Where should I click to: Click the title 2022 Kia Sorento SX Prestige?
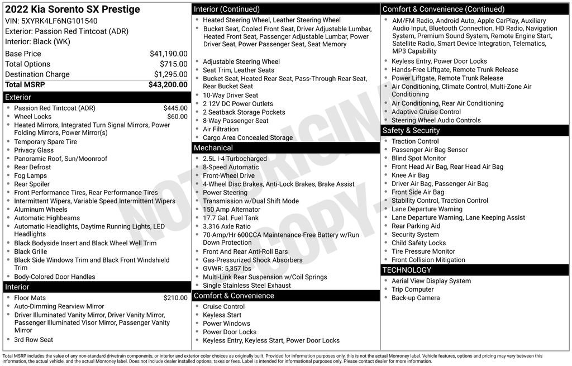coord(73,9)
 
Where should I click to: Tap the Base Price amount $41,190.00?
coord(168,54)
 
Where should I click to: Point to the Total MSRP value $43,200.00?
coord(168,85)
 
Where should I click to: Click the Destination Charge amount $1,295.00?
coord(170,74)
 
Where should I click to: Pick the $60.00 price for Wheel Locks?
coord(177,117)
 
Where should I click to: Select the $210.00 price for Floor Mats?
coord(175,298)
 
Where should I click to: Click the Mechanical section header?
coord(213,148)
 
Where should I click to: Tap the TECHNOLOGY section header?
coord(407,270)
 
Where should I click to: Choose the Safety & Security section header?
coord(411,130)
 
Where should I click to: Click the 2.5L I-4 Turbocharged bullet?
coord(235,159)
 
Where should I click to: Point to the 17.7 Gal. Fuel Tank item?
coord(231,218)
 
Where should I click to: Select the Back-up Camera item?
coord(416,298)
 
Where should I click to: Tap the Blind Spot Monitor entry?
coord(419,158)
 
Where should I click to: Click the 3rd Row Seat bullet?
coord(34,339)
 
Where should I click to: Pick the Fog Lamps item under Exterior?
coord(31,175)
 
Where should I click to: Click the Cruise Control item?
coord(223,306)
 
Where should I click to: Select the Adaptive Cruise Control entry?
coord(426,112)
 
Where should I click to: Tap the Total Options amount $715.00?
coord(173,64)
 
